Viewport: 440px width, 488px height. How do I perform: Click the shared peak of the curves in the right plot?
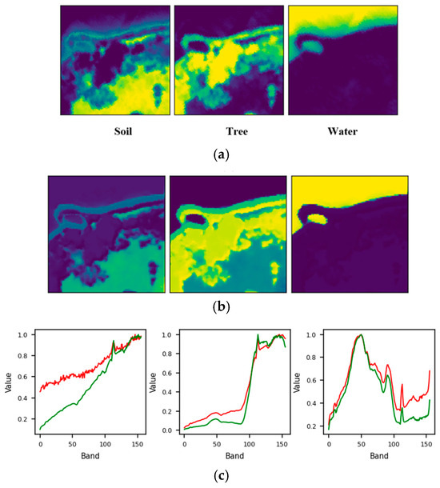tap(360, 335)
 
